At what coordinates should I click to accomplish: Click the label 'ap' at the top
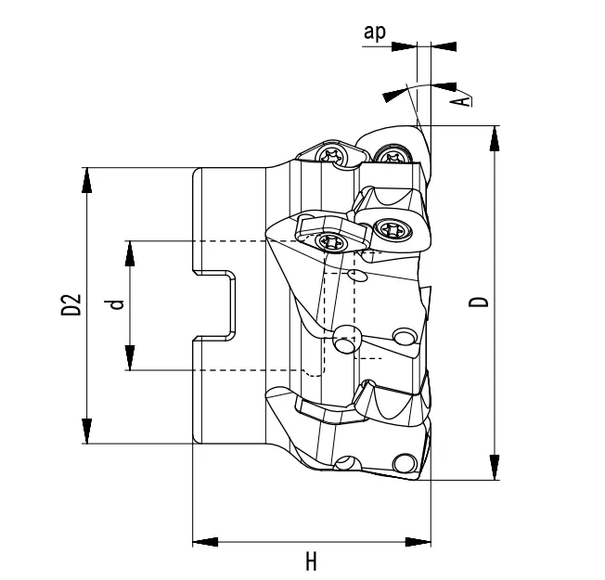point(375,32)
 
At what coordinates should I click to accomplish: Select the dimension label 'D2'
point(72,305)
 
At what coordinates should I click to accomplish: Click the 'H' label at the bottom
point(312,561)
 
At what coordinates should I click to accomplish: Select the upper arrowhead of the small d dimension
point(130,253)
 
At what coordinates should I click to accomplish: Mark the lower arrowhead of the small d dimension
point(130,357)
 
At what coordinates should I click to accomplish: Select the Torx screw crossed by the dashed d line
point(330,243)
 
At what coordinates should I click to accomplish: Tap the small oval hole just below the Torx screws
point(354,277)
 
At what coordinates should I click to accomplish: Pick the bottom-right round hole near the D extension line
point(405,463)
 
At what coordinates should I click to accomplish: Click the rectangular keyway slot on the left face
point(215,304)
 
